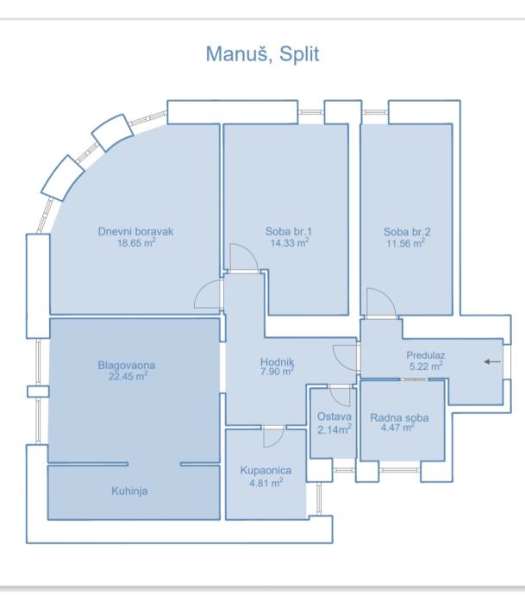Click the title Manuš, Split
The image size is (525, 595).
[263, 53]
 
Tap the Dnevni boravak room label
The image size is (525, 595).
[137, 231]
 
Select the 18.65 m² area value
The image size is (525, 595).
[137, 242]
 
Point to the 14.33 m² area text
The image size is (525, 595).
[288, 242]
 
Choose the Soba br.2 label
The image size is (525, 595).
[407, 231]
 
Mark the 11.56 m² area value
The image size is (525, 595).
[406, 242]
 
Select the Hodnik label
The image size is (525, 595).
[277, 362]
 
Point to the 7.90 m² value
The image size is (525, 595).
[277, 373]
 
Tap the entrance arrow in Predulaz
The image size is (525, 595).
[492, 361]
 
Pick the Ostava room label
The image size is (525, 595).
[333, 417]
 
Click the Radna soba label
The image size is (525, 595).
[399, 417]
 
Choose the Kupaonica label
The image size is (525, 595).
[266, 471]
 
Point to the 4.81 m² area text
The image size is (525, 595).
[266, 482]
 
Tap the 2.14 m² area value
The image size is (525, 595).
[333, 429]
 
